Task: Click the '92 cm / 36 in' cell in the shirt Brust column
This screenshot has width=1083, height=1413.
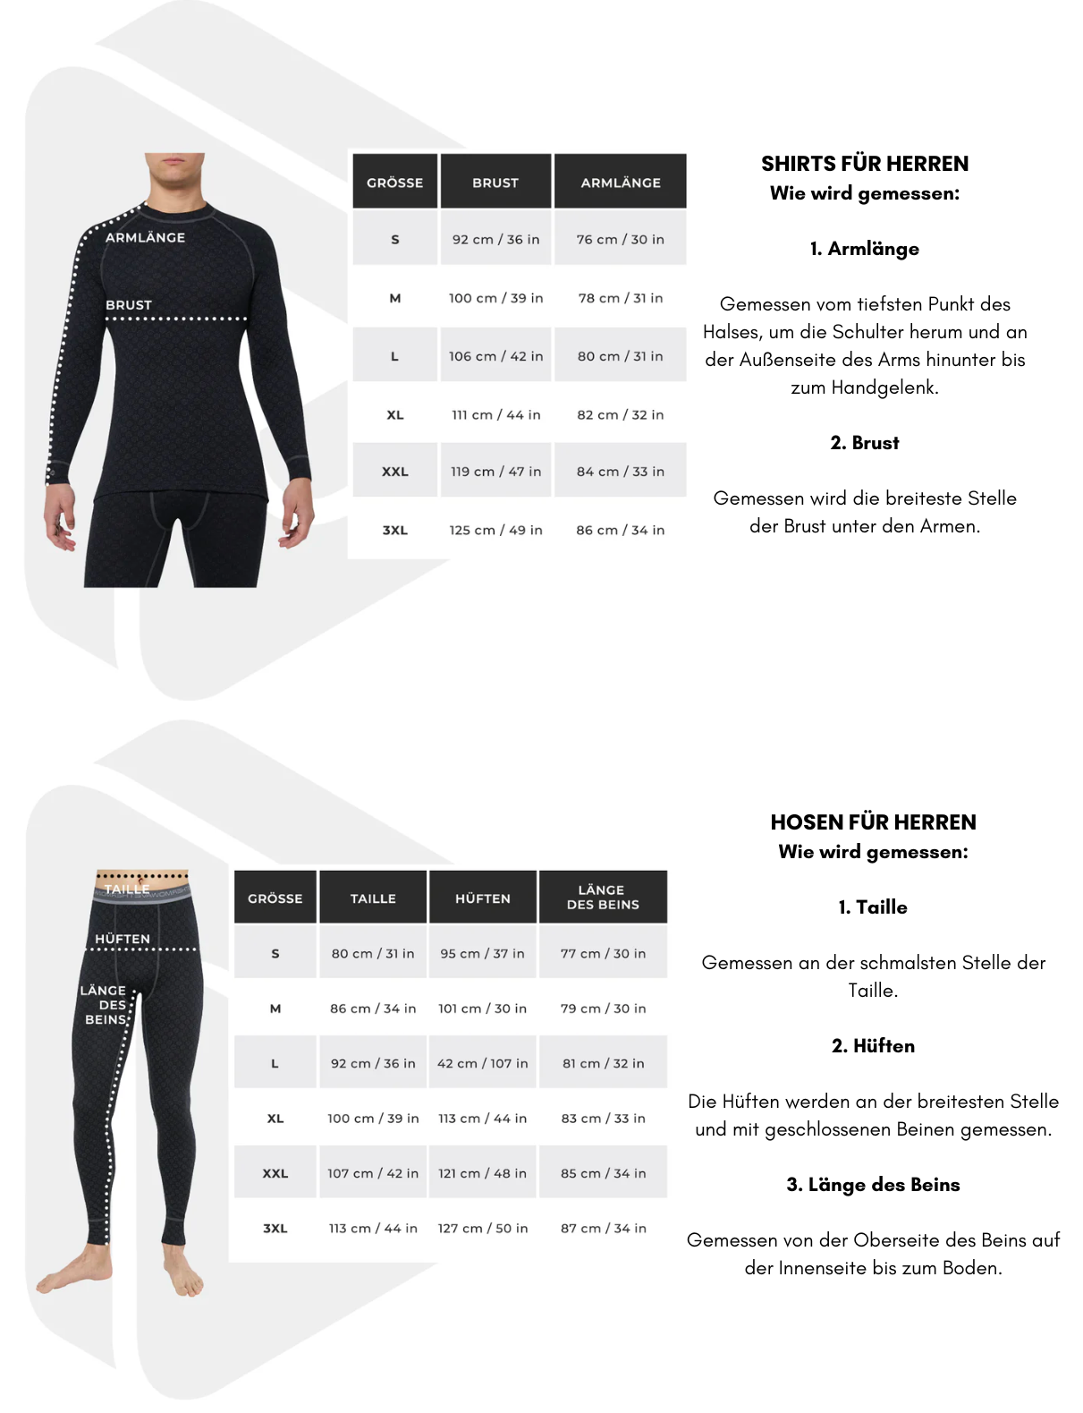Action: pyautogui.click(x=495, y=240)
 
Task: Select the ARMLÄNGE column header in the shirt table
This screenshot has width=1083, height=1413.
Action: pyautogui.click(x=621, y=183)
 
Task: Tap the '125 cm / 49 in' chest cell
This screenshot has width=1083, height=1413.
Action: pyautogui.click(x=495, y=530)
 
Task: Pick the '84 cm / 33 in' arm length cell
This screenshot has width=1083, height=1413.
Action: pyautogui.click(x=620, y=472)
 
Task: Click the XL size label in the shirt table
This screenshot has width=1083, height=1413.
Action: pyautogui.click(x=395, y=415)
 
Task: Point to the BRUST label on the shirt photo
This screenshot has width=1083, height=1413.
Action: pyautogui.click(x=129, y=305)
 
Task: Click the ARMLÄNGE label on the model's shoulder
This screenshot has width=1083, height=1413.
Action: pyautogui.click(x=145, y=237)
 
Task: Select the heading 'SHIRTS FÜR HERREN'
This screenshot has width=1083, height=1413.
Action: pyautogui.click(x=864, y=164)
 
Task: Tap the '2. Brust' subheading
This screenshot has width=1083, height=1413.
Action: pyautogui.click(x=864, y=443)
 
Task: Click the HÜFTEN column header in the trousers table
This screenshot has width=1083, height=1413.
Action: pyautogui.click(x=483, y=898)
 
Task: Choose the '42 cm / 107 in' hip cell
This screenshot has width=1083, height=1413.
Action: pyautogui.click(x=483, y=1063)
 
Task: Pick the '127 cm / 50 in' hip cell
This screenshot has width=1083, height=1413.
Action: pyautogui.click(x=483, y=1228)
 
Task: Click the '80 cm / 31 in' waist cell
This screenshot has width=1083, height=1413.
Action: pyautogui.click(x=373, y=954)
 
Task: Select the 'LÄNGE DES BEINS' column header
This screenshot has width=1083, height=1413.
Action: pyautogui.click(x=603, y=897)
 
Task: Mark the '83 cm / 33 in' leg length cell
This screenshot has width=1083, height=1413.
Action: pyautogui.click(x=603, y=1119)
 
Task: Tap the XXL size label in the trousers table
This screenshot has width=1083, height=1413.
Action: pyautogui.click(x=275, y=1173)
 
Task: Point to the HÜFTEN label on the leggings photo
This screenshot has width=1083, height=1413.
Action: pyautogui.click(x=123, y=939)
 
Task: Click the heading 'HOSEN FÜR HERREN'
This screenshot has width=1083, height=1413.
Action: pyautogui.click(x=873, y=822)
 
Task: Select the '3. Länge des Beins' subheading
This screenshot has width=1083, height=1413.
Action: pyautogui.click(x=873, y=1185)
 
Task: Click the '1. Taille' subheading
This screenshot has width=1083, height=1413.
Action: pyautogui.click(x=873, y=907)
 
